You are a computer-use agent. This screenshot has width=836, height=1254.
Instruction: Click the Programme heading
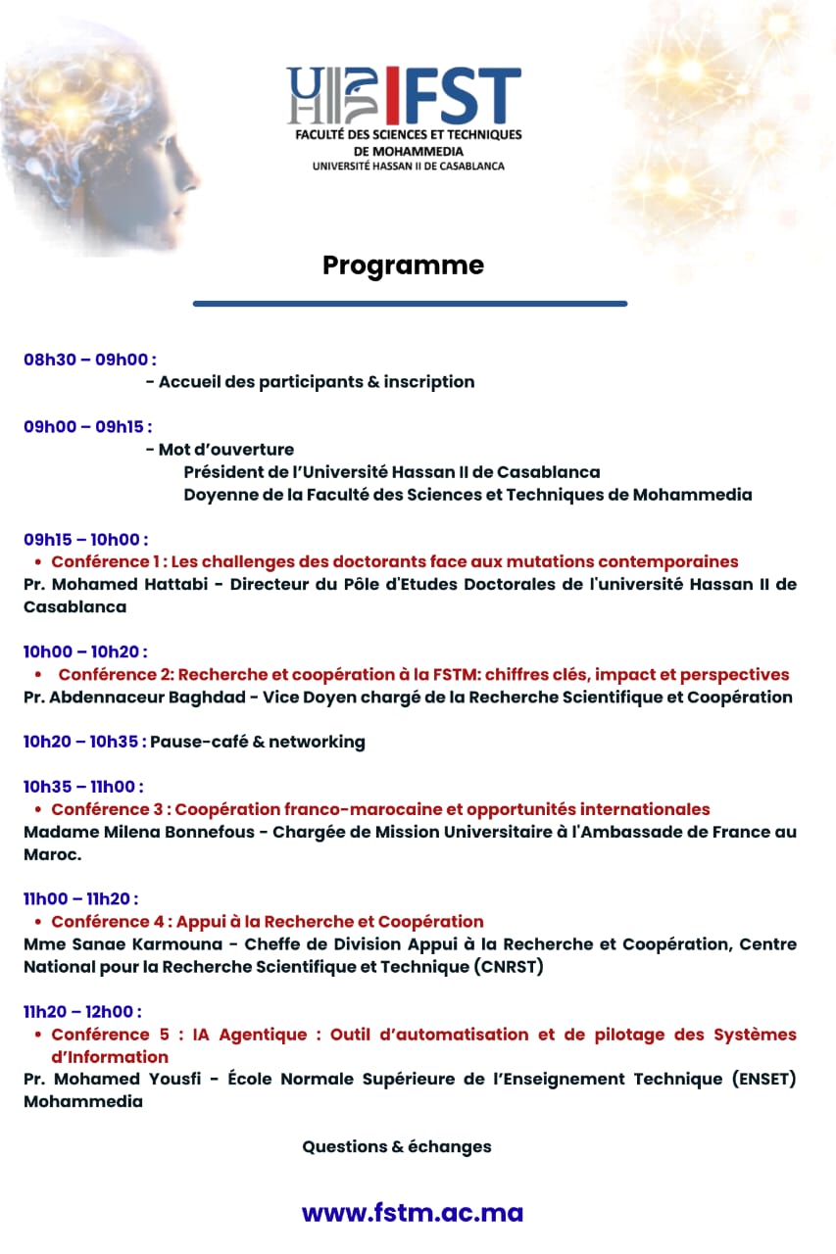click(x=403, y=265)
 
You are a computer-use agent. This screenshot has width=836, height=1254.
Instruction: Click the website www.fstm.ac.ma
click(x=412, y=1213)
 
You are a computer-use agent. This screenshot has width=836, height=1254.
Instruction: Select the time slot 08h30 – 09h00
click(x=89, y=360)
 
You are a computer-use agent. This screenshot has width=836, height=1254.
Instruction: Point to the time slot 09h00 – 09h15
click(x=87, y=427)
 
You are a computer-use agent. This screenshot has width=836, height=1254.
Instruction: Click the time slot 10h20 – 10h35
click(x=84, y=742)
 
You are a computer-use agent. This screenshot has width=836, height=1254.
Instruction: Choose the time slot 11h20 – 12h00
click(x=82, y=1011)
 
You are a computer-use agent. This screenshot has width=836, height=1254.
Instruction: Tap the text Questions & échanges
click(x=396, y=1146)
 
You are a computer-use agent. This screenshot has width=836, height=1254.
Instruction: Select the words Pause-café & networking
click(x=257, y=742)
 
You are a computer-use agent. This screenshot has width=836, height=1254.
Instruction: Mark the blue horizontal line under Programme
click(x=410, y=304)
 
